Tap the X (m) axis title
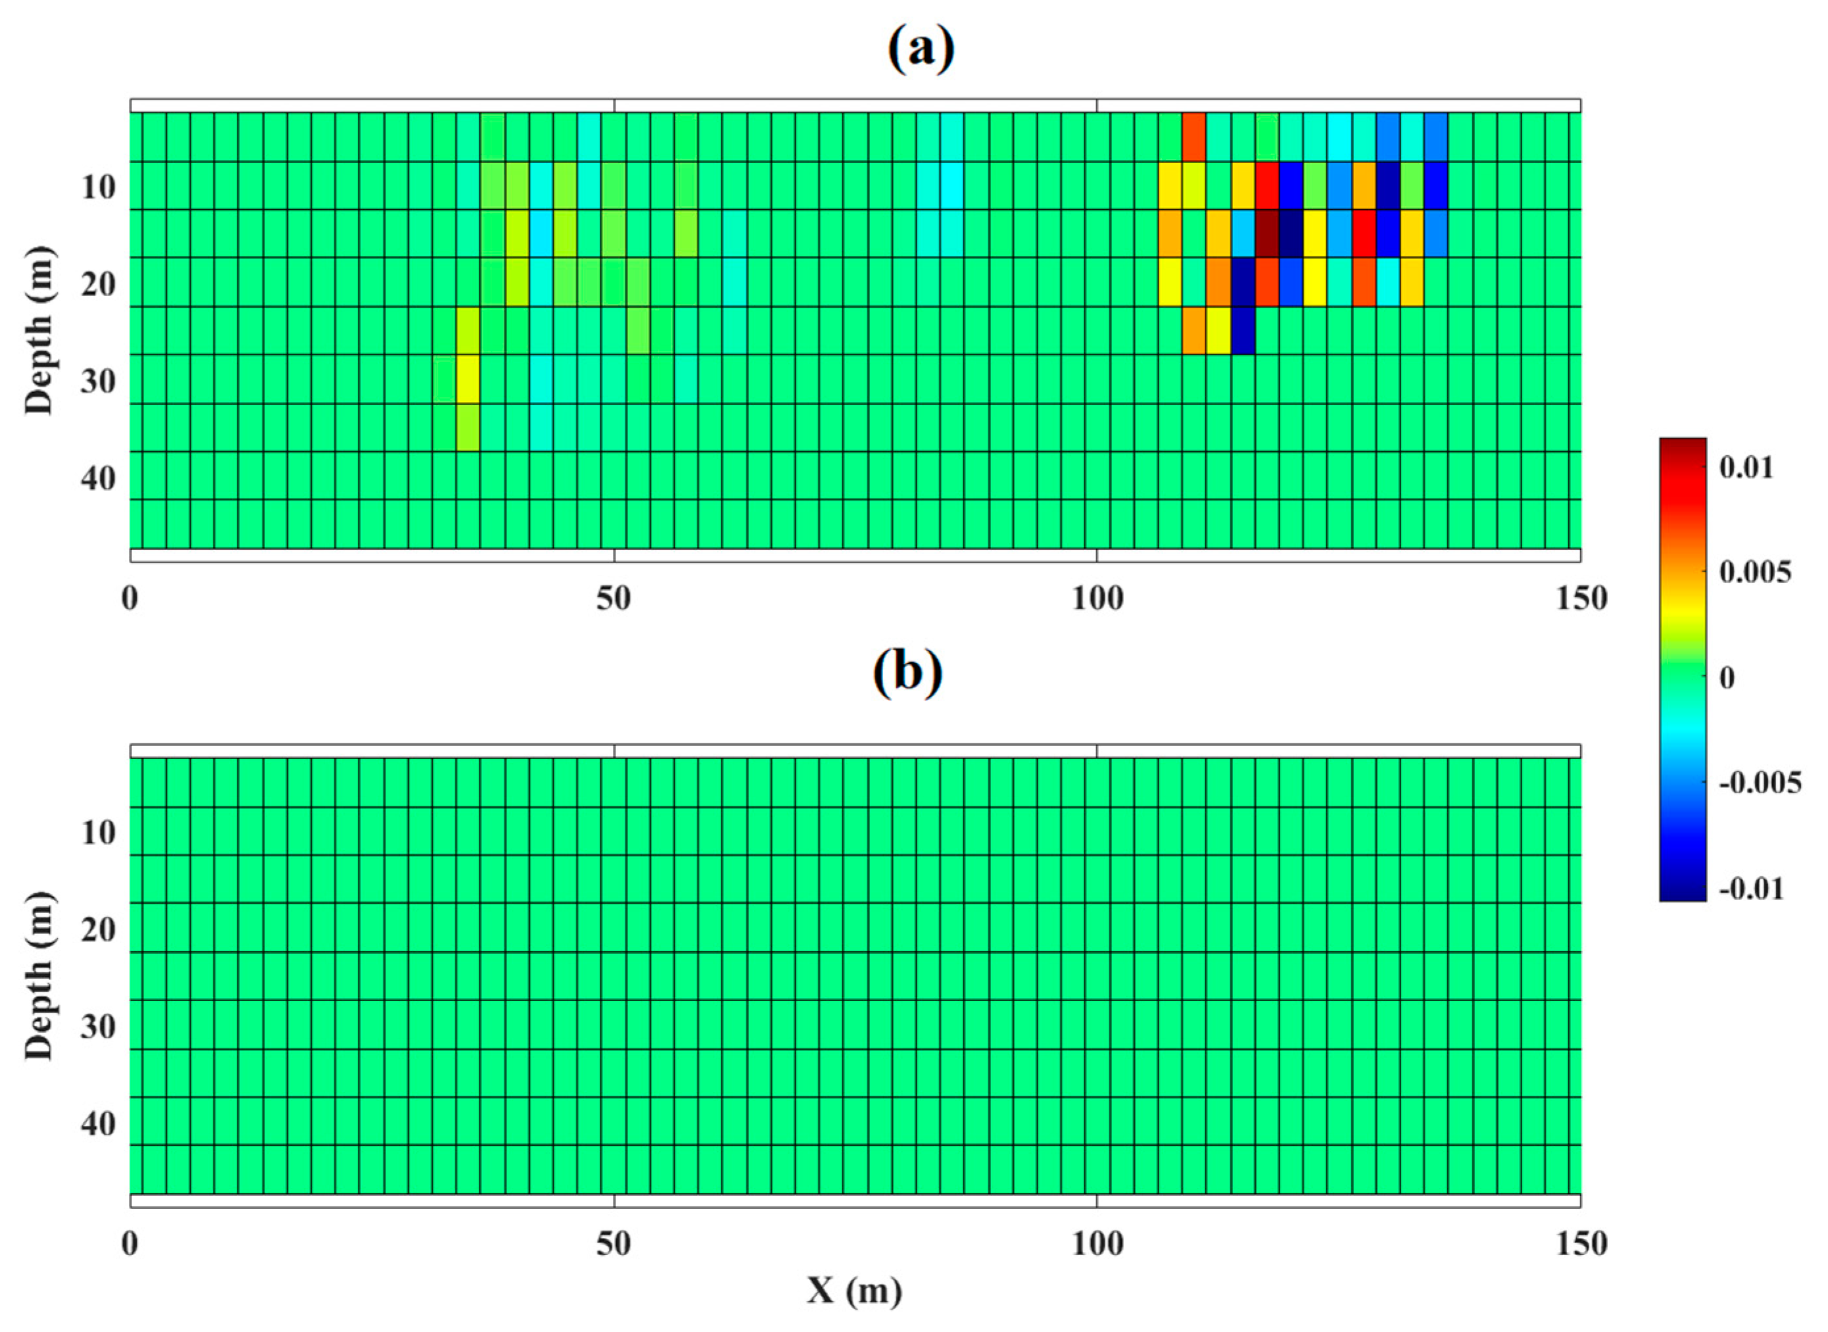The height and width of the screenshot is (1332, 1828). pyautogui.click(x=854, y=1291)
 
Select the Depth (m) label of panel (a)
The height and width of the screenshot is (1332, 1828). pyautogui.click(x=39, y=331)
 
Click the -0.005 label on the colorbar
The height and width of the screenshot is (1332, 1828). pyautogui.click(x=1760, y=783)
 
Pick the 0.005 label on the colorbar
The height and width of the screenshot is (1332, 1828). pyautogui.click(x=1754, y=572)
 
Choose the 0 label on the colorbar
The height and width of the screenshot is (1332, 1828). pyautogui.click(x=1727, y=678)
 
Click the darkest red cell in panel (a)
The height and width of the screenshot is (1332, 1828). pyautogui.click(x=1267, y=234)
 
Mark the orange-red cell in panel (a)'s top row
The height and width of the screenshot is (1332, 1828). pyautogui.click(x=1193, y=137)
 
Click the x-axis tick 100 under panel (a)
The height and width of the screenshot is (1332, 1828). pyautogui.click(x=1097, y=599)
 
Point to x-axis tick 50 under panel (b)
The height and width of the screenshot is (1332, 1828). pyautogui.click(x=613, y=1244)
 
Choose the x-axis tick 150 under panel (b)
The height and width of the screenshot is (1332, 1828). pyautogui.click(x=1581, y=1244)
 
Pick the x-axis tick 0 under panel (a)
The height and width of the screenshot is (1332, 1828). pyautogui.click(x=130, y=599)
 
